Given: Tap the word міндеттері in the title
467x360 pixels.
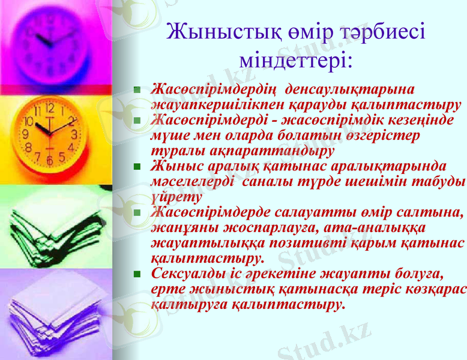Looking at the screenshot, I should [295, 61].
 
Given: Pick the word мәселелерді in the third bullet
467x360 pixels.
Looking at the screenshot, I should [191, 181].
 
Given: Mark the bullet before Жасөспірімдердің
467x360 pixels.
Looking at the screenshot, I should [137, 90].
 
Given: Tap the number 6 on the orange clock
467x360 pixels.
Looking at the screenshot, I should [49, 160].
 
